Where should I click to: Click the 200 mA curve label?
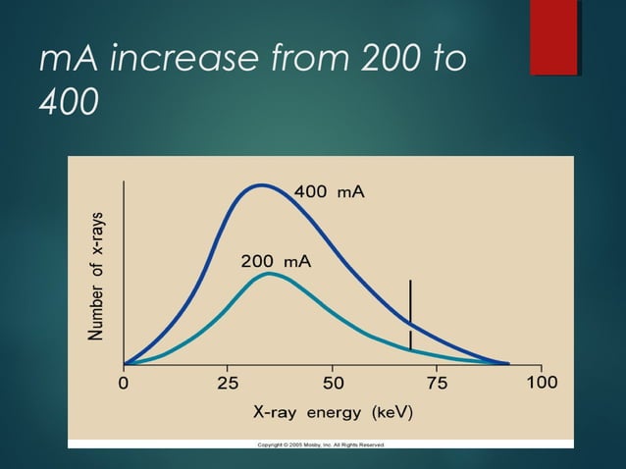276,262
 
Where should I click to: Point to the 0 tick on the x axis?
124,383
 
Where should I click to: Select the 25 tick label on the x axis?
228,383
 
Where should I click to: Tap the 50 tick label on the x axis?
333,383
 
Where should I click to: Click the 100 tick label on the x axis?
541,383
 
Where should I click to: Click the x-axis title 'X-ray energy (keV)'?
332,412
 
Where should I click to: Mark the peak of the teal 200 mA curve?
269,274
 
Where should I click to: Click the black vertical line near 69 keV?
410,314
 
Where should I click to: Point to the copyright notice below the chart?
321,444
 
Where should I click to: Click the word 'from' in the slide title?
303,62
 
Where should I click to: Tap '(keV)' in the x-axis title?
390,412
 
